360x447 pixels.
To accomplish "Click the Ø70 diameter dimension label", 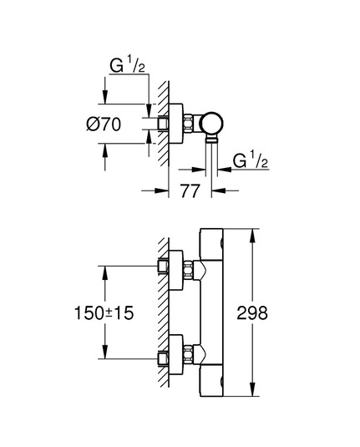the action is (x=104, y=124).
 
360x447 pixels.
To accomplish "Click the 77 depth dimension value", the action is (x=190, y=191).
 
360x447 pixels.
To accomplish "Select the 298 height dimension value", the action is (x=252, y=313).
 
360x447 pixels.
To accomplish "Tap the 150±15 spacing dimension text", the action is (x=104, y=312).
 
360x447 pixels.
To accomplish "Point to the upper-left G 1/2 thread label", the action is (x=128, y=65).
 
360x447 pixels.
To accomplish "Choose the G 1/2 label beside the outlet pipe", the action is (x=251, y=160).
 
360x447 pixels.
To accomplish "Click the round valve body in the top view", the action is (x=211, y=124).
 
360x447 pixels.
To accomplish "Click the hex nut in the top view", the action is (x=189, y=123).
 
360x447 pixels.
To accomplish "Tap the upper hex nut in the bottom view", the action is (x=188, y=269).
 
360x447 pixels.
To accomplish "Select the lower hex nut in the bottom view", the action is (x=188, y=353).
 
